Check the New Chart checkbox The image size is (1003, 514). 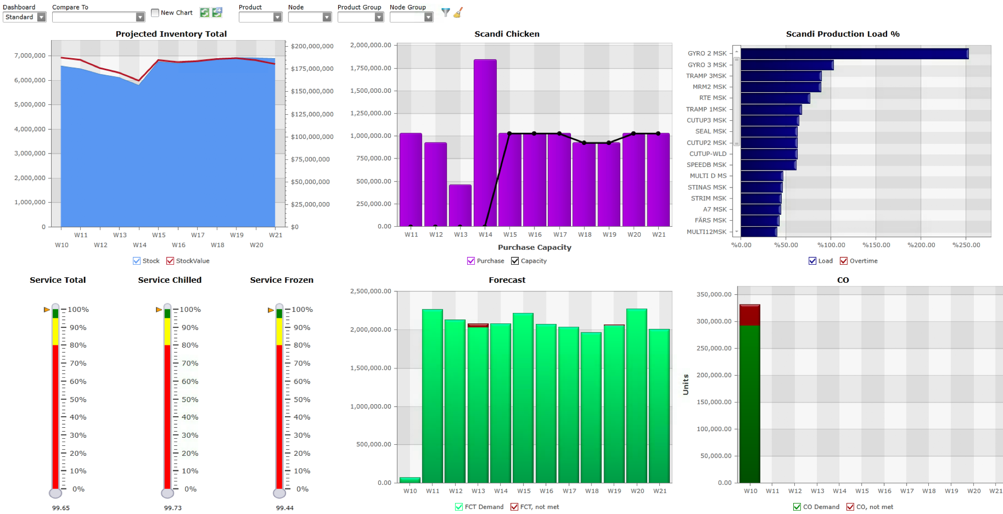155,13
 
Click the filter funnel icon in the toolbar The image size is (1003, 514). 445,13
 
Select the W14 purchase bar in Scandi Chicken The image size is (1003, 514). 485,143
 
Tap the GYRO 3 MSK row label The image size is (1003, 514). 707,65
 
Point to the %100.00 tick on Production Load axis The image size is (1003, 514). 831,245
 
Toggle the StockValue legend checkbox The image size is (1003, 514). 171,261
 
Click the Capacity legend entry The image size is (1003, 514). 515,261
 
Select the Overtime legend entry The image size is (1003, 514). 844,261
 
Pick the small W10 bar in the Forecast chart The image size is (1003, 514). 410,480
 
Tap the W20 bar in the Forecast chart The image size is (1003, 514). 637,396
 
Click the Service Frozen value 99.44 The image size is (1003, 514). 284,508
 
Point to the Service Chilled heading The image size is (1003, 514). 170,280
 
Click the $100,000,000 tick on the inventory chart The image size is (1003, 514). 312,137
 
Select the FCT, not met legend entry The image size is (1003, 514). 515,507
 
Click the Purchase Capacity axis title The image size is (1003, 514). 534,247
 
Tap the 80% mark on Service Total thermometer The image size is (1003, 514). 78,345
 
